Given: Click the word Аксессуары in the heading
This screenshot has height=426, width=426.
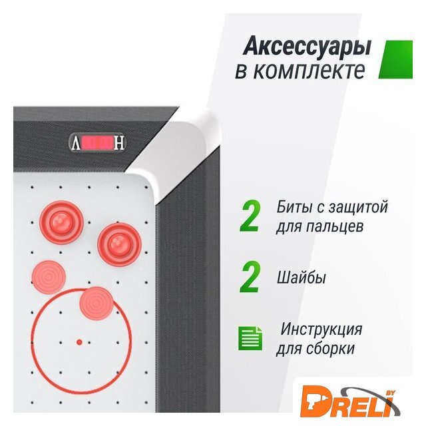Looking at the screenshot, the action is pos(307,47).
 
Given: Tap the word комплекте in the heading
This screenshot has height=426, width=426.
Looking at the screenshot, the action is pos(310,71).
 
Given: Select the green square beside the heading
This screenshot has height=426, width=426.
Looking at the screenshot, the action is pos(396,59).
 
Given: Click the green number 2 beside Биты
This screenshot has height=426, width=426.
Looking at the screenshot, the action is pos(250,216).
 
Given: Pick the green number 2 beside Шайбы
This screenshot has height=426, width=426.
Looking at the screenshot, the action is pos(250,277).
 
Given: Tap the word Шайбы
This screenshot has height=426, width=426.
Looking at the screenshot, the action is pos(301,278).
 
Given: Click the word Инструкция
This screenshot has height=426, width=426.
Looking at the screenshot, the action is pos(321,329).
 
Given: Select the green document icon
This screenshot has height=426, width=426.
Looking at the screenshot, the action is pos(250,338).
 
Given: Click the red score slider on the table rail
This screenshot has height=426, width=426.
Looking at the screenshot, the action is pos(97,143).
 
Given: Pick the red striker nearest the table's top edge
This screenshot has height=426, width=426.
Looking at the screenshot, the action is pos(61,222).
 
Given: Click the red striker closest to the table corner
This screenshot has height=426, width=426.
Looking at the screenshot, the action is pos(119,244).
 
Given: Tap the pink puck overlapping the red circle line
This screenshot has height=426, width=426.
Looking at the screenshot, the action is pos(96,304).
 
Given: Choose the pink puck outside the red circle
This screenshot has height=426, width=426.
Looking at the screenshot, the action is pos(49,277).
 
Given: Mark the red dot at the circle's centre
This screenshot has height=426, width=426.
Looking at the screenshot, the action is pos(79,342).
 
